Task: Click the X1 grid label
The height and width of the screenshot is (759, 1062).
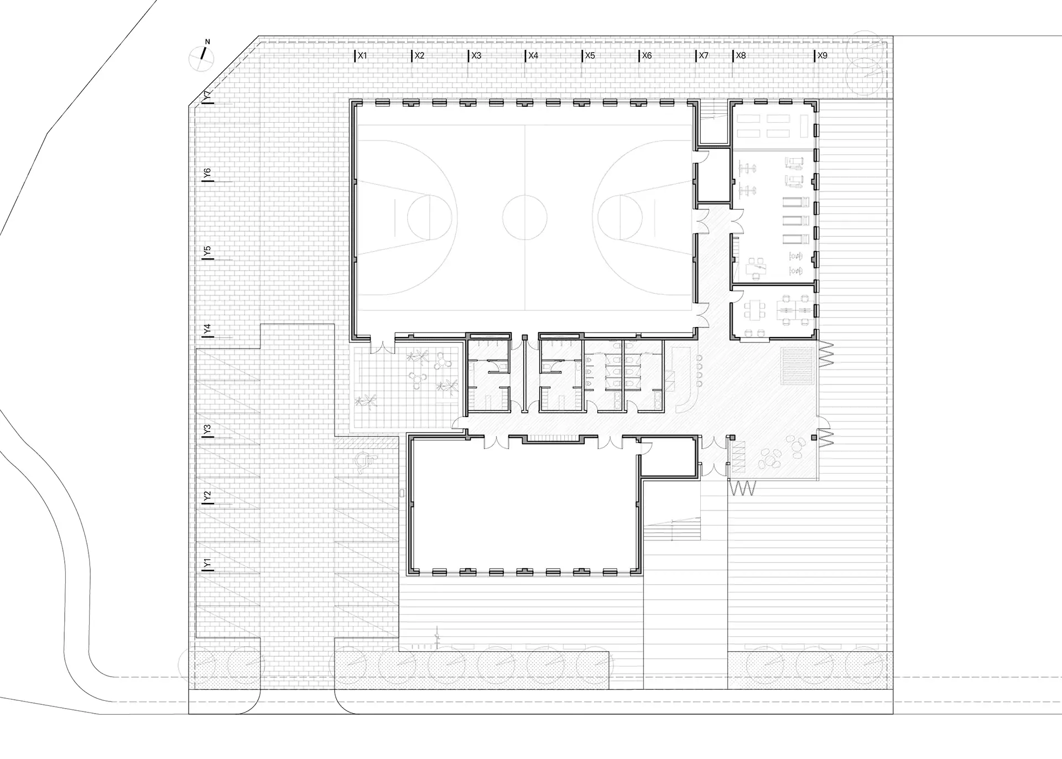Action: tap(362, 56)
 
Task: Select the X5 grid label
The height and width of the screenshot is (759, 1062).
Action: tap(590, 56)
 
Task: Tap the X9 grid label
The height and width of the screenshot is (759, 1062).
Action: tap(822, 56)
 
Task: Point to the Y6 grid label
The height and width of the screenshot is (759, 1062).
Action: tap(207, 174)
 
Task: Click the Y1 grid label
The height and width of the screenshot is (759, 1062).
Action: tap(207, 564)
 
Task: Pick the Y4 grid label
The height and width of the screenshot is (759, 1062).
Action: tap(207, 329)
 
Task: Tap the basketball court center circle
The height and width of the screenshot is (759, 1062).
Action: tap(524, 217)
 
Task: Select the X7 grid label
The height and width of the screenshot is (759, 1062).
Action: tap(704, 56)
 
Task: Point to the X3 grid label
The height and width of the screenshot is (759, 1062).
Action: tap(476, 56)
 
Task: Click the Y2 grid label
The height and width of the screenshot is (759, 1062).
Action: tap(207, 497)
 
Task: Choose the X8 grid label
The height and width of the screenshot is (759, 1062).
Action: tap(741, 56)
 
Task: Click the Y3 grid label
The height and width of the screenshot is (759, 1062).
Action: tap(207, 429)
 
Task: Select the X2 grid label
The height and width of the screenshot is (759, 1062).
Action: tap(420, 56)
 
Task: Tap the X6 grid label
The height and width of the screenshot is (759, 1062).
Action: tap(647, 56)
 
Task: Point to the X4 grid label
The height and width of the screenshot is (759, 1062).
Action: tap(533, 56)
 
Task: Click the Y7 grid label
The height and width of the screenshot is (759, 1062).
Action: tap(207, 95)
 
